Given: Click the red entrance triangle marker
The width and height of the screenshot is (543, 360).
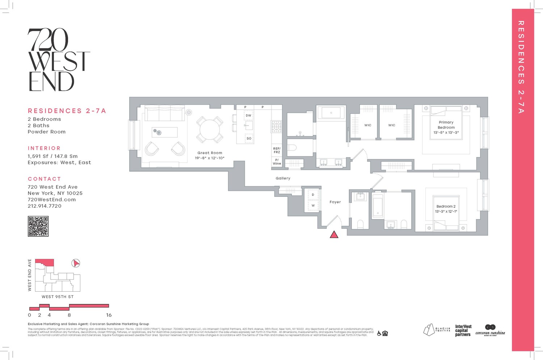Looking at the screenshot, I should click(334, 235).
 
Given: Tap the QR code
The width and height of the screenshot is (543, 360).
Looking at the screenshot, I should click(38, 226).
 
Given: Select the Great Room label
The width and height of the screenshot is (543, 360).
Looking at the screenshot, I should click(210, 153).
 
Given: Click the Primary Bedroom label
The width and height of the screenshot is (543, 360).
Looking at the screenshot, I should click(446, 125).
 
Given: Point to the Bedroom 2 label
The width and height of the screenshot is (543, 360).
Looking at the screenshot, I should click(446, 206).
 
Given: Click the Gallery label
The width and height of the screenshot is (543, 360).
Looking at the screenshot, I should click(283, 178).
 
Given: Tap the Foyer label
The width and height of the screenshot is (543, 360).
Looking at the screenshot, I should click(335, 202).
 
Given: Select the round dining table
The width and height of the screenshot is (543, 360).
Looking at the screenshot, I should click(210, 130).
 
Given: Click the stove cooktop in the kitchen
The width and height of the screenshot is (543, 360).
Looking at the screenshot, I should click(276, 126).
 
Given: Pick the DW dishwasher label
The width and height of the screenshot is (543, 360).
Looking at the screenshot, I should click(248, 116).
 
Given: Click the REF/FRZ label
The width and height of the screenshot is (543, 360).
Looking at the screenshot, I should click(277, 150).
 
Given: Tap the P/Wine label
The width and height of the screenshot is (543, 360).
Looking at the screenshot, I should click(277, 162).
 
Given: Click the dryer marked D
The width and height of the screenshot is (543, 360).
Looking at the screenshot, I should click(313, 195).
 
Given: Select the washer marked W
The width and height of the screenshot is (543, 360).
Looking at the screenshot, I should click(313, 206).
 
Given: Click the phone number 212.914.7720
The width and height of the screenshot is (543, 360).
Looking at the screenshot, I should click(45, 206).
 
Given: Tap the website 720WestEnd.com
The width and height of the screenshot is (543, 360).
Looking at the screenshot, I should click(52, 200).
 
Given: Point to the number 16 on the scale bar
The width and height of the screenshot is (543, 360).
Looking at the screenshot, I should click(109, 315).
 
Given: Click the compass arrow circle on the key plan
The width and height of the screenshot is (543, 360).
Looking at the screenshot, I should click(76, 263).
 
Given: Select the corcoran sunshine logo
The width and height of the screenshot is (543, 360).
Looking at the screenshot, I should click(490, 330).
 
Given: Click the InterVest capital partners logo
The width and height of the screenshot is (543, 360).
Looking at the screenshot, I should click(463, 331).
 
